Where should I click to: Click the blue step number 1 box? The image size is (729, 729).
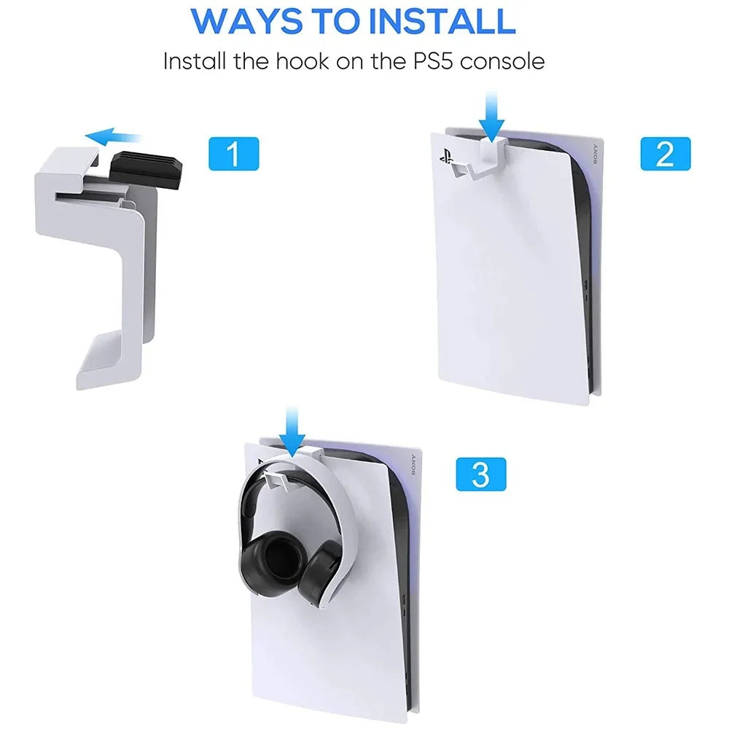coord(233,154)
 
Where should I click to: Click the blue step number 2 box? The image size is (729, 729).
coord(665,154)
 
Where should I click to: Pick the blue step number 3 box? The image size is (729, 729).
coord(480,474)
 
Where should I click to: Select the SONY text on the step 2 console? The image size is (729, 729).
coord(594,154)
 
